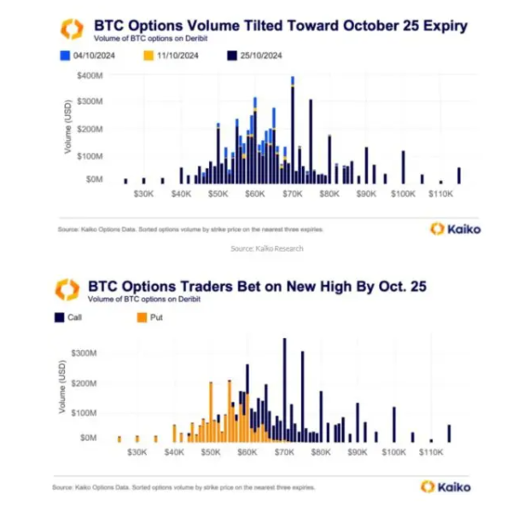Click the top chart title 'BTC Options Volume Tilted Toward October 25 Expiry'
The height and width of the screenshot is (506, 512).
coord(281,26)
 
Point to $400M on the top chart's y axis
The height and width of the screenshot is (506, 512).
coord(89,77)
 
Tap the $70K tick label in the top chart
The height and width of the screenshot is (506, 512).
coord(293,195)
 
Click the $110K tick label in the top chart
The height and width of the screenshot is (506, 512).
coord(440,195)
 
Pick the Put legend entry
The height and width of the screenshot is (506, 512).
coord(151,317)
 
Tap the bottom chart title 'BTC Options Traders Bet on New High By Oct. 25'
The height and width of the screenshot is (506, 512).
coord(256,287)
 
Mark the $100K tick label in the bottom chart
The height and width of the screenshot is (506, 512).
coord(394,452)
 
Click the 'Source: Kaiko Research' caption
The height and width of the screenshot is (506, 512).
coord(267,248)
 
